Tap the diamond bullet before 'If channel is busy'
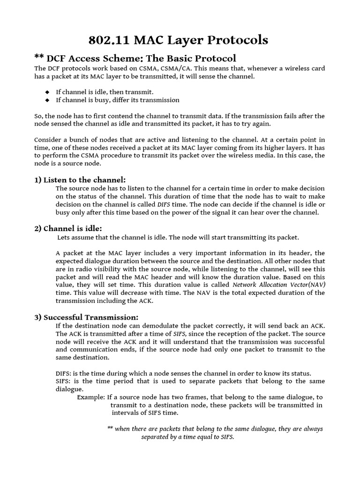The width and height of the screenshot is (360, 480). pyautogui.click(x=47, y=100)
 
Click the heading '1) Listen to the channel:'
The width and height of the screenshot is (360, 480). pyautogui.click(x=80, y=180)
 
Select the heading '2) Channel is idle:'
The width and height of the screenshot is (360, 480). pyautogui.click(x=67, y=228)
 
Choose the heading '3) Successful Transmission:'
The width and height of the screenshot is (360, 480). pyautogui.click(x=86, y=317)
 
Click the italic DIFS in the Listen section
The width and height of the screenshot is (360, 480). pyautogui.click(x=164, y=204)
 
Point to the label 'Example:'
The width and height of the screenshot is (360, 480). pyautogui.click(x=91, y=397)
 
